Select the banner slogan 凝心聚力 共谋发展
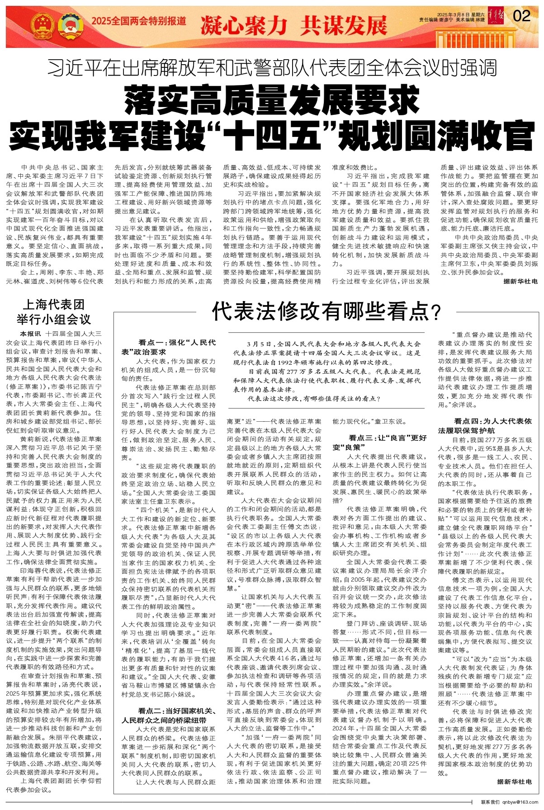click(293, 25)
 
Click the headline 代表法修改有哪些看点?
click(326, 311)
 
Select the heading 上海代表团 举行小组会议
click(54, 312)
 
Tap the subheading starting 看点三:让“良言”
click(380, 442)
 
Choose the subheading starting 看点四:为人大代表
click(485, 425)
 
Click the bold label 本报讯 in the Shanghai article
click(31, 334)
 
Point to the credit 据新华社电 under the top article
click(520, 281)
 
